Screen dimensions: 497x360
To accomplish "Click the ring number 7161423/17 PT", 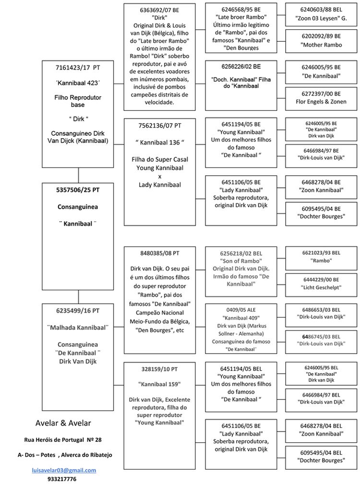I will tap(78, 68).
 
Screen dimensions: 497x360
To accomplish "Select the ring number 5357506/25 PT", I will tap(78, 189).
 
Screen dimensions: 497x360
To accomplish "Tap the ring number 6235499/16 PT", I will tap(78, 310).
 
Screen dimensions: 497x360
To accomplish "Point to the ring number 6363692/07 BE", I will tap(159, 10).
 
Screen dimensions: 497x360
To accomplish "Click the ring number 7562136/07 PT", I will tap(159, 125).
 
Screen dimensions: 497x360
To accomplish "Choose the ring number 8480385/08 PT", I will tap(159, 253).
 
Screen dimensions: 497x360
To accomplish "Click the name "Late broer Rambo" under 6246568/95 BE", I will tap(241, 17).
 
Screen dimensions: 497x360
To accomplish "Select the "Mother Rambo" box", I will tap(321, 45).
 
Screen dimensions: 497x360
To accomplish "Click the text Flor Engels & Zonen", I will tap(321, 102).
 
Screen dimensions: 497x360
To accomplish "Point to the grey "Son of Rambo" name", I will tap(241, 260).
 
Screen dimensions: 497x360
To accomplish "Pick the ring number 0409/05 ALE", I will tap(241, 309).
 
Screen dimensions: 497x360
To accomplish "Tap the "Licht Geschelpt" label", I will tap(321, 287).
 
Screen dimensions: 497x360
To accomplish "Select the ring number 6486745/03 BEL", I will tap(321, 336).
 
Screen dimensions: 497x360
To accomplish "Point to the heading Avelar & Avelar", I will tap(63, 423).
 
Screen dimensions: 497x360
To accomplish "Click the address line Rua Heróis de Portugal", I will tap(63, 439).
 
